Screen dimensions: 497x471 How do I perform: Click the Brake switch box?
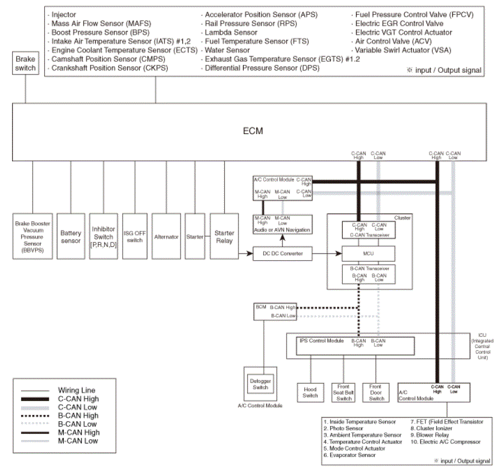tap(26, 63)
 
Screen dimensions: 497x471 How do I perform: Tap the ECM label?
tap(253, 131)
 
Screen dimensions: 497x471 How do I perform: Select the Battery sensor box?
tap(71, 236)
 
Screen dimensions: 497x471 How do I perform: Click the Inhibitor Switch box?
tap(103, 236)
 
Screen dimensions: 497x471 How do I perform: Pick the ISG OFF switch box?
tap(135, 236)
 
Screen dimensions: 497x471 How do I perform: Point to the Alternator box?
tap(166, 236)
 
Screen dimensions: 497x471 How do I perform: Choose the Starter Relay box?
tap(224, 236)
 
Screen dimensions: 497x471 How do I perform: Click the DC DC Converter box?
tap(283, 253)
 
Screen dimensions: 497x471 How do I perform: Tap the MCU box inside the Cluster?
tap(369, 253)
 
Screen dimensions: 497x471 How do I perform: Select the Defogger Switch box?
tap(260, 384)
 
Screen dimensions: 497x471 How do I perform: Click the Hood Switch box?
tap(310, 392)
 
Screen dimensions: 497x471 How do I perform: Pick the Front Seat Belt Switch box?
tap(343, 392)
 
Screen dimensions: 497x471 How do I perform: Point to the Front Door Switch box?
tap(376, 392)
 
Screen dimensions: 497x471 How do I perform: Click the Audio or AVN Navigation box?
tap(283, 224)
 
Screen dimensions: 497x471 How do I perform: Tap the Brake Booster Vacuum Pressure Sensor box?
tap(32, 236)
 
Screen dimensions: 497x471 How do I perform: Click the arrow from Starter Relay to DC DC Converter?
tap(246, 253)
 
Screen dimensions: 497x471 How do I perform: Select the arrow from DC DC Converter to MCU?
tap(327, 253)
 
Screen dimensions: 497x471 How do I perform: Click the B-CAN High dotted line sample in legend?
tap(35, 416)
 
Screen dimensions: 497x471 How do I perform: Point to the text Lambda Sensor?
tap(231, 32)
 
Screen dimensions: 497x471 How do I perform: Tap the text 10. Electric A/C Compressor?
tap(445, 442)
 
